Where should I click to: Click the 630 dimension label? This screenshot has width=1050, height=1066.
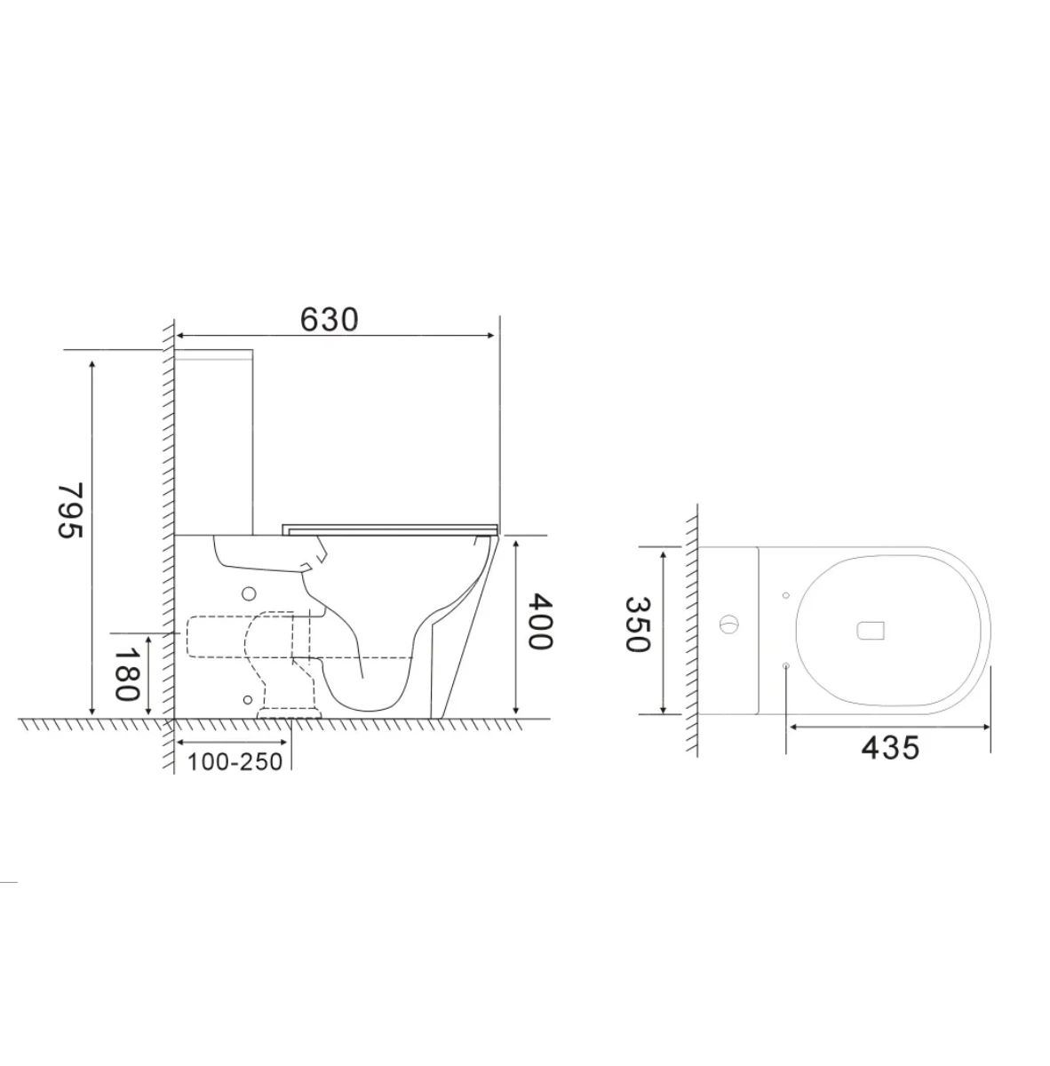tap(330, 319)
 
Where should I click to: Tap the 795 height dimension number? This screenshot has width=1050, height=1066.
tap(71, 510)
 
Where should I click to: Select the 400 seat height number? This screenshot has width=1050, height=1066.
tap(539, 621)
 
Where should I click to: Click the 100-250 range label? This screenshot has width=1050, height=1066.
tap(235, 762)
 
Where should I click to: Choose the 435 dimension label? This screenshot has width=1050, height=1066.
tap(890, 748)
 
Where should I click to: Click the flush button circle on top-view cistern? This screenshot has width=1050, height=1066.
tap(728, 624)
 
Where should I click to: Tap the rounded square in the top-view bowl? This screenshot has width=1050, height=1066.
tap(871, 631)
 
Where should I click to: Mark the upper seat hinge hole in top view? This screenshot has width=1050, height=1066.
tap(786, 595)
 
